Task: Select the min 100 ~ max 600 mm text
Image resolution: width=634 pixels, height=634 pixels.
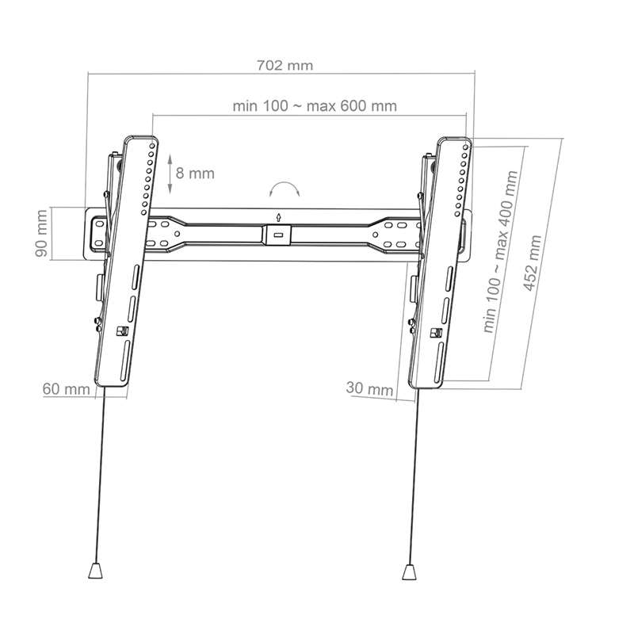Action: point(315,105)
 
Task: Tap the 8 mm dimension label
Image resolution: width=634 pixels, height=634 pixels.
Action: point(195,172)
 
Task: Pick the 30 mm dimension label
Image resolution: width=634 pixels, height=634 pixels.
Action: point(369,388)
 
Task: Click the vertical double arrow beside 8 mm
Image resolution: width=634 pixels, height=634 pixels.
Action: point(170,172)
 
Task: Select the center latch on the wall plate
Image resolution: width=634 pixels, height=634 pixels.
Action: point(277,235)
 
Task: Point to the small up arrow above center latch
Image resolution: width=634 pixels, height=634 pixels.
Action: point(277,217)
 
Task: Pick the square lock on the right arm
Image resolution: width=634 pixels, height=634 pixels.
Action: point(434,334)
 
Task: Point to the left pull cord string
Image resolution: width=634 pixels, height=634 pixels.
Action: point(100,475)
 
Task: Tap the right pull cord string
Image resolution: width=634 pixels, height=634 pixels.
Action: point(411,475)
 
